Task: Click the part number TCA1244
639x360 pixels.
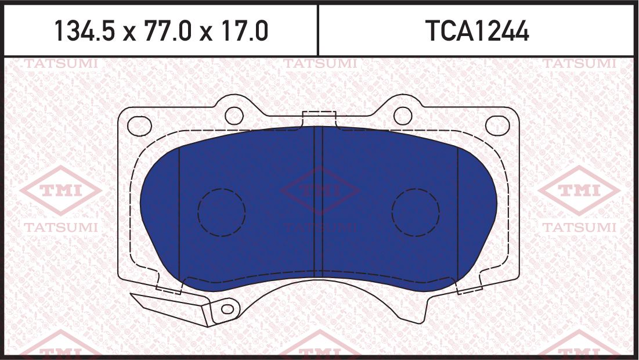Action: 477,31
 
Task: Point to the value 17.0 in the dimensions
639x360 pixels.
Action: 242,31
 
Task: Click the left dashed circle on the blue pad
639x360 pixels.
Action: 221,213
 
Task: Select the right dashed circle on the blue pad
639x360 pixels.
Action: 416,213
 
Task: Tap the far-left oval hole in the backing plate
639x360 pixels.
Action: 139,125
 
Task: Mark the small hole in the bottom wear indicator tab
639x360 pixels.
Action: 228,309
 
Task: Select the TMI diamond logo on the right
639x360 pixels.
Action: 579,190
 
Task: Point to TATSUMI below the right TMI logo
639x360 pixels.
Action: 579,228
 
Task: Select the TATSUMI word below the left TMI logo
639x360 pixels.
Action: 60,228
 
